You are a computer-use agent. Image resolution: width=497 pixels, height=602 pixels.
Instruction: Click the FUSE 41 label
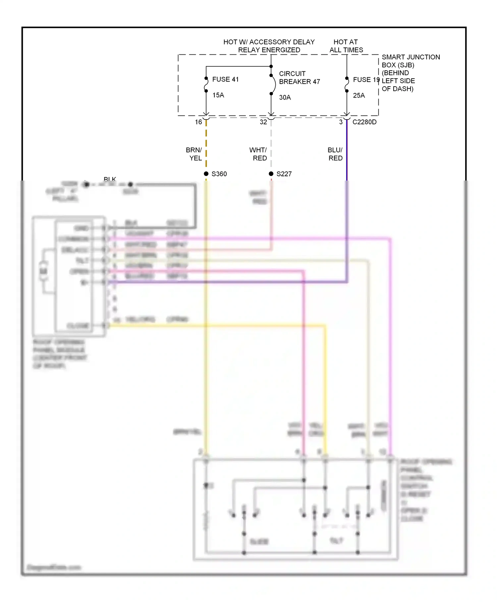(225, 79)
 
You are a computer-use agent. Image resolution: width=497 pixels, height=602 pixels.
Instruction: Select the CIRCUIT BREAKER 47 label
(299, 78)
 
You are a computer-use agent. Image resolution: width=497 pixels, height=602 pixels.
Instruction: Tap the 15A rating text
(218, 95)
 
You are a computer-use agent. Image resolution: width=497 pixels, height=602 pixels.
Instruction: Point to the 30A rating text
(285, 98)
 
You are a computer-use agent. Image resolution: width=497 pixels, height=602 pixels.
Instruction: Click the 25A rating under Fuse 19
(359, 96)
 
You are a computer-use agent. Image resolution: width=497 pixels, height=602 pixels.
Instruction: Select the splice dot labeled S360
(206, 174)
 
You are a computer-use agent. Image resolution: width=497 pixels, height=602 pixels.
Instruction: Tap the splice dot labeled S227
(271, 174)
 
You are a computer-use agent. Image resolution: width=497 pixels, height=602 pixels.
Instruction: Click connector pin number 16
(198, 122)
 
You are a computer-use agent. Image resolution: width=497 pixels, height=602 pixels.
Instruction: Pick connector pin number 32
(263, 122)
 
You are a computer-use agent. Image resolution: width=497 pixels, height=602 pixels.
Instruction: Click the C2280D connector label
(364, 122)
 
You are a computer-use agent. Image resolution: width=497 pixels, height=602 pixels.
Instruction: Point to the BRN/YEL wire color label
(194, 154)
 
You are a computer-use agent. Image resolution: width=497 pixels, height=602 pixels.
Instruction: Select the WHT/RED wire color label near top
(258, 154)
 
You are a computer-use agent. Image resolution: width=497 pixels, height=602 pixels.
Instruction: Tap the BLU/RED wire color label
(335, 154)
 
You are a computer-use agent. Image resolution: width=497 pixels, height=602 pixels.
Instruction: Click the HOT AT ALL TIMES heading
(346, 46)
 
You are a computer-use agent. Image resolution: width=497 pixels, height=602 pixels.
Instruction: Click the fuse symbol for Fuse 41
(206, 85)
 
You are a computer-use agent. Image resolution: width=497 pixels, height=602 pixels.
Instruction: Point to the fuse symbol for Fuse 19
(347, 85)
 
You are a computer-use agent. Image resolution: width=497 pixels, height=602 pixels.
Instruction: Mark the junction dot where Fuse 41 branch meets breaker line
(271, 66)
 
